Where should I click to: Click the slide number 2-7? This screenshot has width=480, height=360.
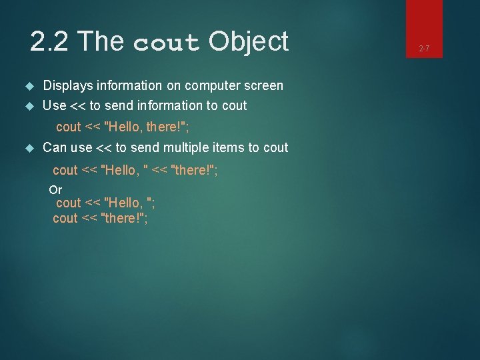pyautogui.click(x=424, y=49)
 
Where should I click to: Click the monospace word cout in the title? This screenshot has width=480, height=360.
pyautogui.click(x=167, y=43)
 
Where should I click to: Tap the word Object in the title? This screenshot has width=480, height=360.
pyautogui.click(x=248, y=42)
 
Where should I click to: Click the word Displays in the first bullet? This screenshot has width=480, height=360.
pyautogui.click(x=67, y=86)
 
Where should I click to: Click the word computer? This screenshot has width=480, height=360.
pyautogui.click(x=211, y=86)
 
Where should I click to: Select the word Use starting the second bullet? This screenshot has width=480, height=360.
pyautogui.click(x=54, y=105)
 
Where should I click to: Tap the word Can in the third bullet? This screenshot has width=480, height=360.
pyautogui.click(x=55, y=147)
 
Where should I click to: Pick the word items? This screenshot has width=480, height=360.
pyautogui.click(x=207, y=147)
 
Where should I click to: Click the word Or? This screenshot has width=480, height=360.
pyautogui.click(x=55, y=190)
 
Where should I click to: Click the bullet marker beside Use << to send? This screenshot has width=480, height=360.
pyautogui.click(x=29, y=106)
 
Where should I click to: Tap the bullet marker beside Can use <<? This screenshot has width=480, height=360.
pyautogui.click(x=29, y=148)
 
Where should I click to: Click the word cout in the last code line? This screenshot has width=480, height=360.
pyautogui.click(x=65, y=218)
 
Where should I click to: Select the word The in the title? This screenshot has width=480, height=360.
pyautogui.click(x=103, y=42)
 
